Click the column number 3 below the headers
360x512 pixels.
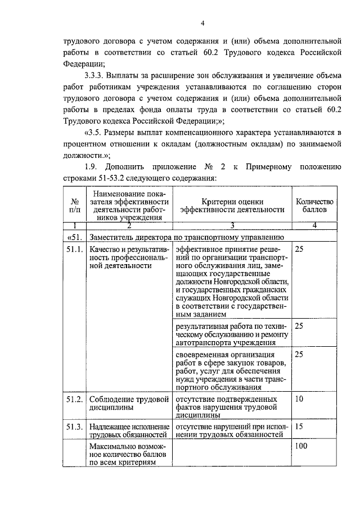coord(231,225)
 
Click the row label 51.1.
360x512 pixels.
coord(74,248)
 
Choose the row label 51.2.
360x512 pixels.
coord(74,399)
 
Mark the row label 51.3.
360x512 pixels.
coord(74,427)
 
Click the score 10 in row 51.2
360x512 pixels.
coord(299,399)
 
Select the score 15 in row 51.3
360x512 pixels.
coord(299,427)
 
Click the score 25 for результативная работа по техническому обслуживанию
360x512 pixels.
coord(299,325)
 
